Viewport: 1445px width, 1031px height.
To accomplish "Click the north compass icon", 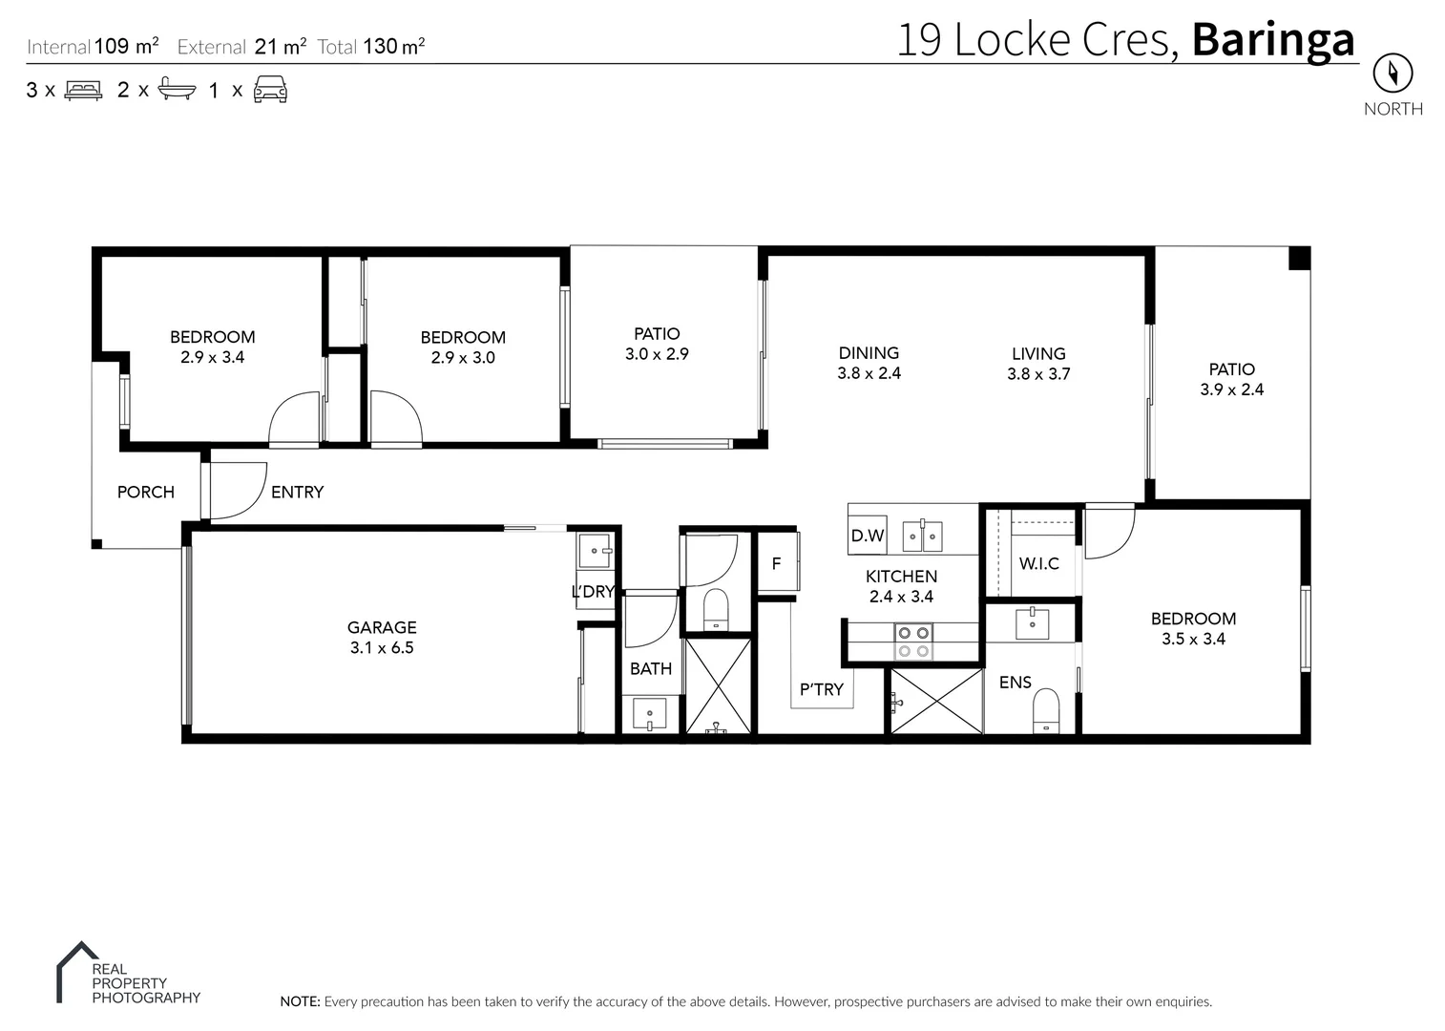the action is pyautogui.click(x=1393, y=73).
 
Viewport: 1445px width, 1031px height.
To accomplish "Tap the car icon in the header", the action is pyautogui.click(x=270, y=89).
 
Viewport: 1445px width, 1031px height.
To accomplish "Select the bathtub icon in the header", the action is pyautogui.click(x=177, y=89).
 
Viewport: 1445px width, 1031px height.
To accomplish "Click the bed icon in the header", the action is pyautogui.click(x=83, y=91).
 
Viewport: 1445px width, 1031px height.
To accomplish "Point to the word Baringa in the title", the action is pyautogui.click(x=1273, y=40).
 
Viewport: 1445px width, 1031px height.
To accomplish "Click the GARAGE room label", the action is pyautogui.click(x=382, y=627).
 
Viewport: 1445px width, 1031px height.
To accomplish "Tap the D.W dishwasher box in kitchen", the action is pyautogui.click(x=867, y=535).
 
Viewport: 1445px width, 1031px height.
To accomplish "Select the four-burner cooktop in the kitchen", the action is pyautogui.click(x=913, y=642).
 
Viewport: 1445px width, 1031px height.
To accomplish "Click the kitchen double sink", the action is pyautogui.click(x=922, y=536).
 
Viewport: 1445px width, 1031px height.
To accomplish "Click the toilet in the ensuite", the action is pyautogui.click(x=1046, y=711).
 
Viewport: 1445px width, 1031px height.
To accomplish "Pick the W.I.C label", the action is pyautogui.click(x=1038, y=564).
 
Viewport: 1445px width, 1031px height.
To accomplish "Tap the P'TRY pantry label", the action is pyautogui.click(x=821, y=689).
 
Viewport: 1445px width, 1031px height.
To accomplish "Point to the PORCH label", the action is pyautogui.click(x=146, y=493).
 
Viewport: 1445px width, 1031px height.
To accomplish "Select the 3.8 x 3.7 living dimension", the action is pyautogui.click(x=1038, y=374).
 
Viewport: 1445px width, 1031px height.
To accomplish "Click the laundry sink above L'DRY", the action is pyautogui.click(x=594, y=551).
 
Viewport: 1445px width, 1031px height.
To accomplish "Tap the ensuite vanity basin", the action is pyautogui.click(x=1032, y=624).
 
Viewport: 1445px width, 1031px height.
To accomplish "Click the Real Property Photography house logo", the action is pyautogui.click(x=76, y=970).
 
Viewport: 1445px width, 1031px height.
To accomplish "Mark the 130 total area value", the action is pyautogui.click(x=380, y=47).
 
